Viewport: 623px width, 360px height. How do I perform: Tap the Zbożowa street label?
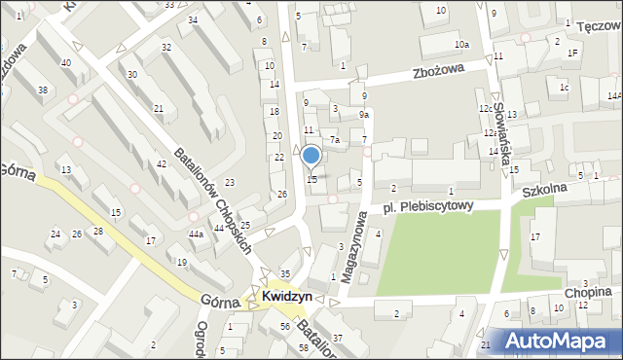click(x=434, y=71)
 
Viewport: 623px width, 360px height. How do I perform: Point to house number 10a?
click(x=460, y=45)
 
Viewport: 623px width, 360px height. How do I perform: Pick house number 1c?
click(x=564, y=88)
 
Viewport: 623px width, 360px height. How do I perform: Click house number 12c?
click(x=484, y=108)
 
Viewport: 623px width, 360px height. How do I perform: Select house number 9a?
click(x=363, y=115)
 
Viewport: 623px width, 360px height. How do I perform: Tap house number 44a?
click(x=196, y=234)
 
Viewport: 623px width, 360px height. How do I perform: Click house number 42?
click(x=161, y=164)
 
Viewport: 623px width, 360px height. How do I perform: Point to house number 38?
click(x=42, y=90)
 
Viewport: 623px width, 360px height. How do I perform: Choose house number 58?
click(x=304, y=347)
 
